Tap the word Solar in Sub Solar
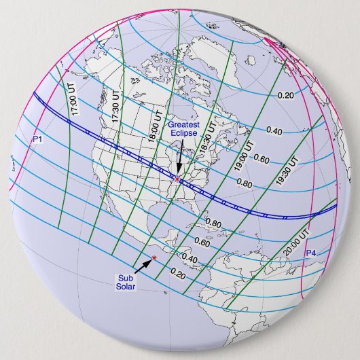click(126, 287)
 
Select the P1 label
click(38, 139)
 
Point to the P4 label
click(311, 253)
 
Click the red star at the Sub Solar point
click(155, 257)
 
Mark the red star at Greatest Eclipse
click(177, 179)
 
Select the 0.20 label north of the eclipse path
click(286, 95)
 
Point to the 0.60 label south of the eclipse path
click(202, 242)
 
